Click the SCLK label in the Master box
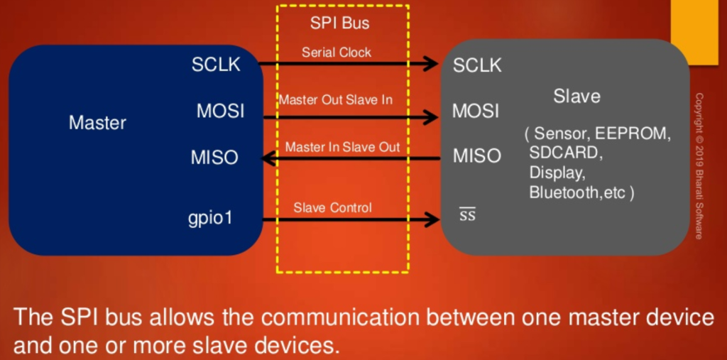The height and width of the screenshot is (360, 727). (x=216, y=65)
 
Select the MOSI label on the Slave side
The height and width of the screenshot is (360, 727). (x=476, y=111)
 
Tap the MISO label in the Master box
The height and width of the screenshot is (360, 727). (x=214, y=158)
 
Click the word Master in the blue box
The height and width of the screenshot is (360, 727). (x=97, y=123)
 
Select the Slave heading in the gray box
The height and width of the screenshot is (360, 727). (x=576, y=96)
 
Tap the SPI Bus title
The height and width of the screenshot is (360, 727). (x=340, y=23)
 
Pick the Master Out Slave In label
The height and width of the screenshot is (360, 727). (x=335, y=100)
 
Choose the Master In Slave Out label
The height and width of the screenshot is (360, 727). (x=342, y=147)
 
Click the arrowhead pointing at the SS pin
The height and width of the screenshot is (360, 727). (x=430, y=220)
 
